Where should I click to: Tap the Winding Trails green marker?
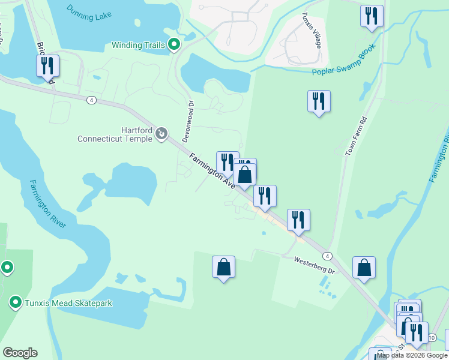174,44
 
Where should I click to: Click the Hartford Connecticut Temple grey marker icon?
161,134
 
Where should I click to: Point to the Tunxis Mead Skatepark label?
68,303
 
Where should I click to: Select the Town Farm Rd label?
354,137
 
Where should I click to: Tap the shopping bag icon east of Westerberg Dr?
364,268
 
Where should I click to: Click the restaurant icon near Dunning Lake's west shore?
48,66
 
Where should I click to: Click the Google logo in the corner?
20,353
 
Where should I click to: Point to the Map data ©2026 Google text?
412,356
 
